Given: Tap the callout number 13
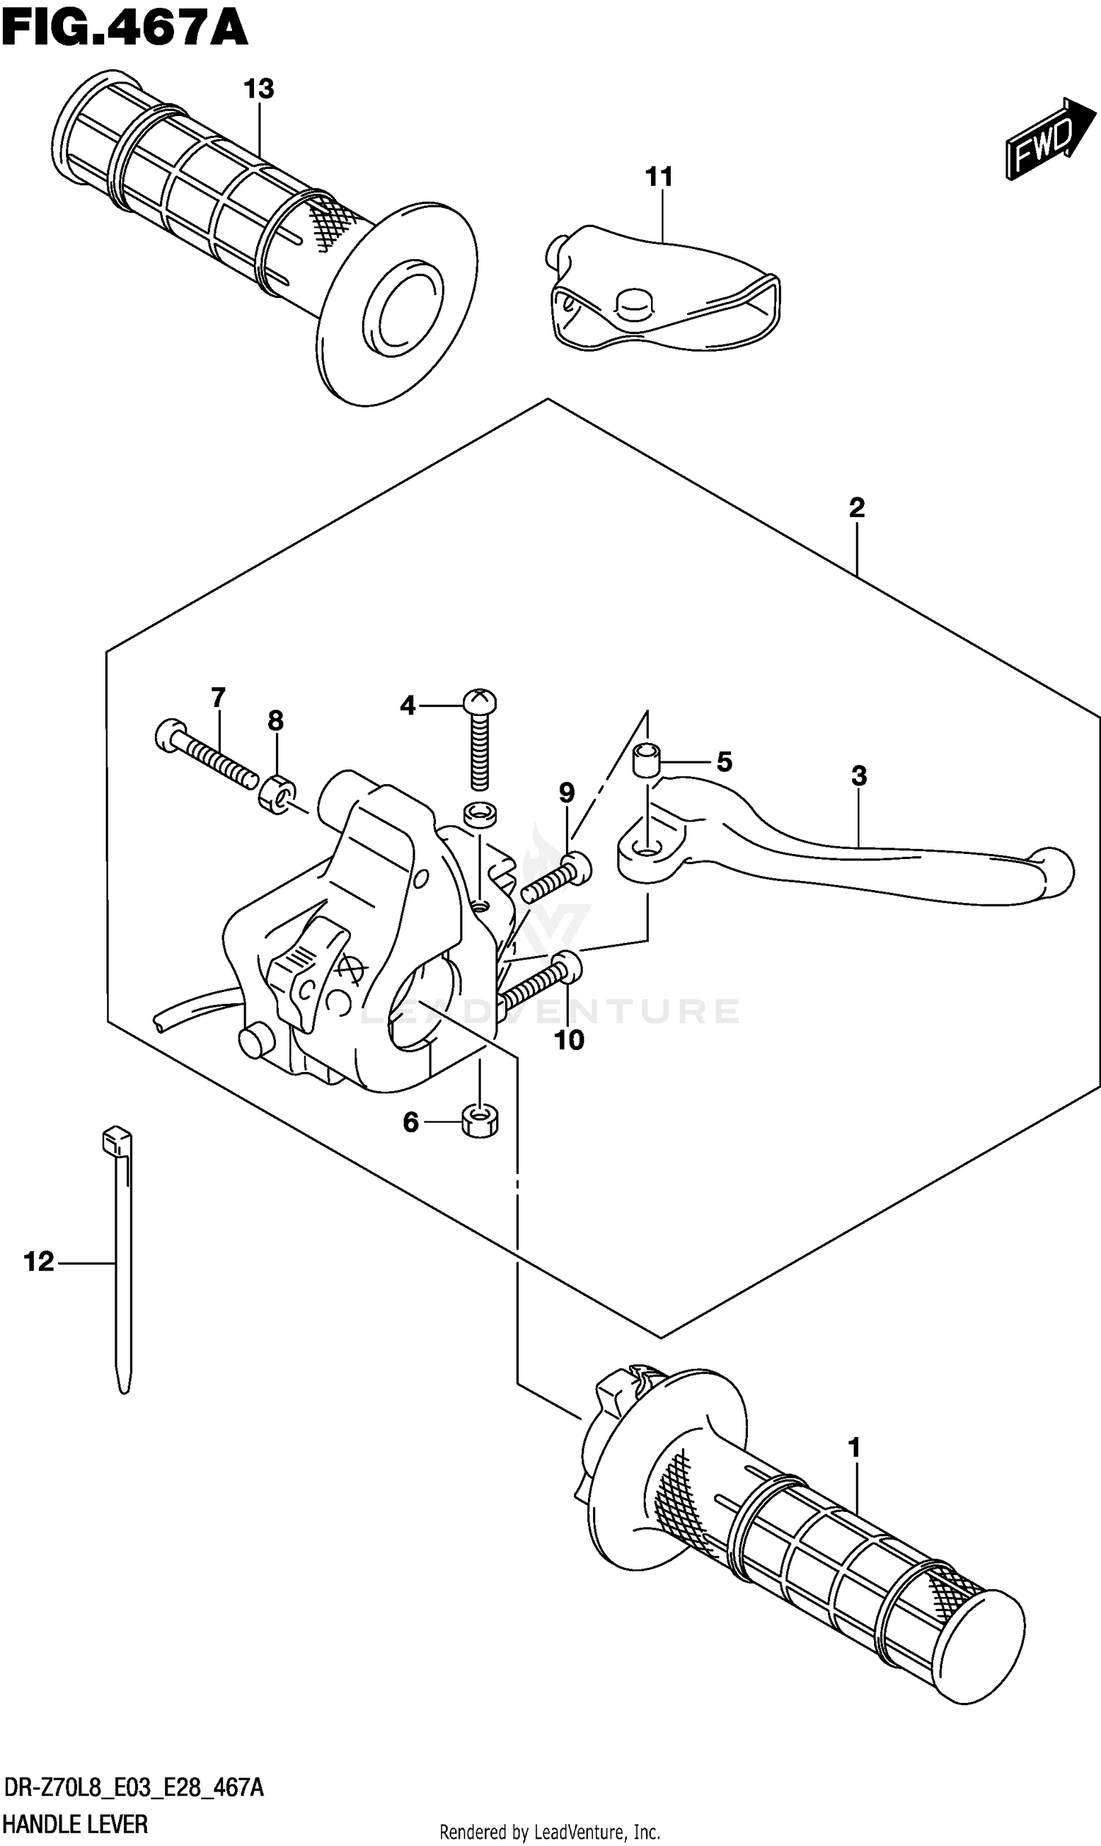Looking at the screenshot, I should pos(259,89).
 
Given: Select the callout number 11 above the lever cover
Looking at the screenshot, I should pos(659,177).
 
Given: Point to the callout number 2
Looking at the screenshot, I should pos(856,508).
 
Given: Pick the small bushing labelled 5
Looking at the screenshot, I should pos(646,759).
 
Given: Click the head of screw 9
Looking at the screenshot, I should pos(576,867).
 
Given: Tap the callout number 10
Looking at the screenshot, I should pos(569,1040).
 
